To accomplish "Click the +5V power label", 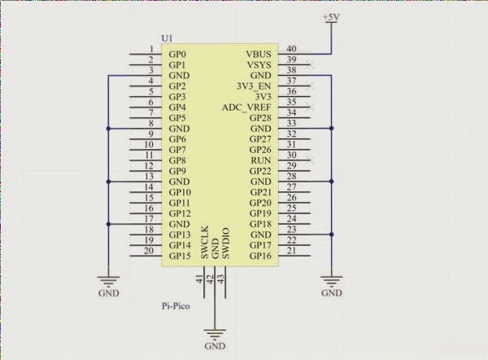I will point(332,17).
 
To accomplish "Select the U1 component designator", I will point(168,39).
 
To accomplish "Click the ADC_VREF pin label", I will point(246,108).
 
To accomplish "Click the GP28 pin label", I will point(259,118).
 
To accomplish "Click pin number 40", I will point(291,49).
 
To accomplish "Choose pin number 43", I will point(220,279).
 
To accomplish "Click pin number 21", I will point(291,252).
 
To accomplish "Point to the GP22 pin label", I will point(259,171).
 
